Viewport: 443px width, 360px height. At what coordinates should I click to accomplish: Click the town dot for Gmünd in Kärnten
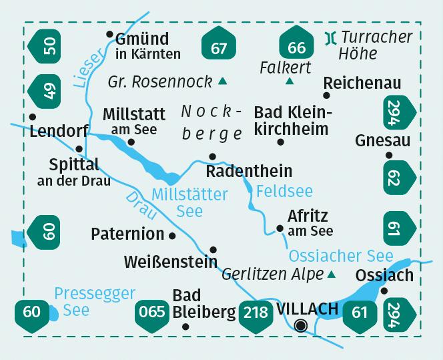pyautogui.click(x=109, y=34)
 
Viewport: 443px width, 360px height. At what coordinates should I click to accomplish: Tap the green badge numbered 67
pyautogui.click(x=218, y=46)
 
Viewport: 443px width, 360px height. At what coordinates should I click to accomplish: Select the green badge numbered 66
pyautogui.click(x=296, y=46)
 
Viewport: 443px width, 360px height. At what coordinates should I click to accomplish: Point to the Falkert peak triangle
pyautogui.click(x=290, y=82)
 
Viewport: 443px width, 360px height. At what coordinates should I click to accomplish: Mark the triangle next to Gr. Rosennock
pyautogui.click(x=223, y=82)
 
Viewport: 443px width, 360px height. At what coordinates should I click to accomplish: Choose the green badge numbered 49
pyautogui.click(x=47, y=91)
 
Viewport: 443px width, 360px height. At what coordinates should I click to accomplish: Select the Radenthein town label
pyautogui.click(x=250, y=172)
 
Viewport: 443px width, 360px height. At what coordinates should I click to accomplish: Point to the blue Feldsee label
pyautogui.click(x=284, y=191)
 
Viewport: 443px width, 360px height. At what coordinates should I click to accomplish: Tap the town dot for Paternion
pyautogui.click(x=173, y=235)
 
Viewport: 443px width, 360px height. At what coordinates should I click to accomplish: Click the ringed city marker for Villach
pyautogui.click(x=301, y=325)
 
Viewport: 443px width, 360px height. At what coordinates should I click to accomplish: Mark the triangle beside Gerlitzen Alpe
pyautogui.click(x=332, y=275)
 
